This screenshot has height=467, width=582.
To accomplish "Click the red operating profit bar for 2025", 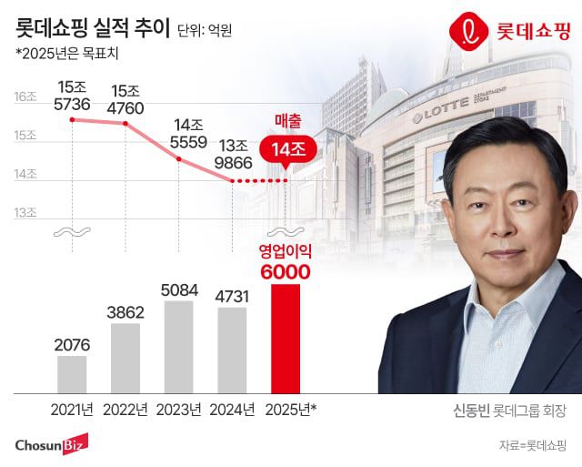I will pos(286,338).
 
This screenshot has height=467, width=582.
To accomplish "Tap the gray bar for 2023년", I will pos(178,346).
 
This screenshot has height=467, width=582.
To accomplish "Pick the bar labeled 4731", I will pos(232,350).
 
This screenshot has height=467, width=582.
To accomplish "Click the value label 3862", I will pos(125,311).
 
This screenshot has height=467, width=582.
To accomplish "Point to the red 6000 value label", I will pos(286,271).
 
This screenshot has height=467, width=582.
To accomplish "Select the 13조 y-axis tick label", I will pos(25,213).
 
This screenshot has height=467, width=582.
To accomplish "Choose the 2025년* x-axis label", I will pos(289,409).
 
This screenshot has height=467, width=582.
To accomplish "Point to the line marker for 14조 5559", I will pos(178,159).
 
